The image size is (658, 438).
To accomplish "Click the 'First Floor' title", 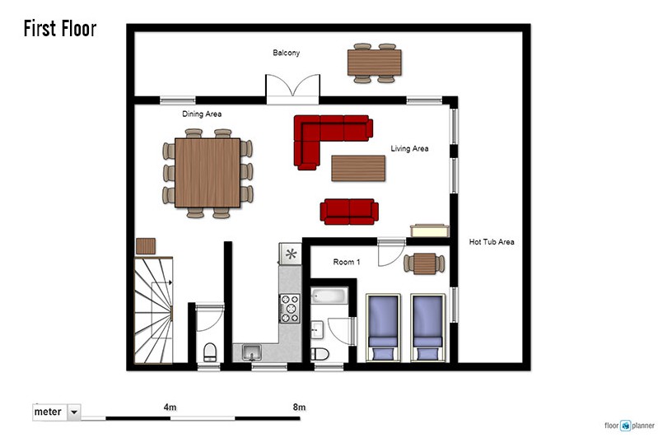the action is point(60,29).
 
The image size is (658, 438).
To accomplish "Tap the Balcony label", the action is point(287,53).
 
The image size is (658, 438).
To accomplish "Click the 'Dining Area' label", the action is point(202,114).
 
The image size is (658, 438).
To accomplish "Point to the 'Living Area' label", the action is point(409,148).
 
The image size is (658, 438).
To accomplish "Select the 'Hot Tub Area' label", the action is point(492,242).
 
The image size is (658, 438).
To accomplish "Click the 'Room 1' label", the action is point(347,262).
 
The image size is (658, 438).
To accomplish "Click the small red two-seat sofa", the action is point(349,212).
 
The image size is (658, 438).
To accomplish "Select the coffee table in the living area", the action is point(358,168).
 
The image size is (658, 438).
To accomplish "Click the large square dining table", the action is point(208,173).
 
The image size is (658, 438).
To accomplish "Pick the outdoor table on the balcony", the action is point(375,63).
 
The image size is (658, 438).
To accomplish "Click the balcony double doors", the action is point(292,89).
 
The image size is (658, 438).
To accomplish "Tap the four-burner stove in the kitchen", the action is point(290,309).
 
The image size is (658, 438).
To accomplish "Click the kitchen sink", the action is point(251,352).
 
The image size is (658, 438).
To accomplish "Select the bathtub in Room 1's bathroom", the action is point(329,296).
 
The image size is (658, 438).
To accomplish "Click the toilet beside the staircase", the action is point(210,352).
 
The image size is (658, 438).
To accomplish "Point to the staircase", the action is point(153,310).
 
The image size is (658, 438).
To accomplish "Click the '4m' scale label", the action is point(170,407).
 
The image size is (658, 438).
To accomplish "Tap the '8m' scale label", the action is point(299,407).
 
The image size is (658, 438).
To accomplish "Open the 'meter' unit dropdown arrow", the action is point(74,412).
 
